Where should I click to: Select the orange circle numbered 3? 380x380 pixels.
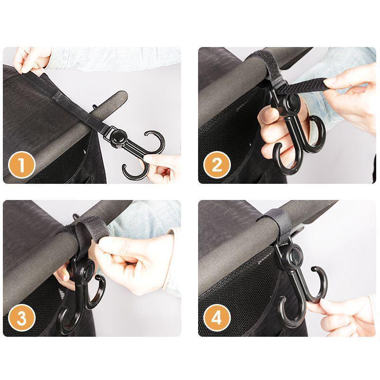tap(22, 318)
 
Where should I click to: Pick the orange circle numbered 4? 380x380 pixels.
tap(217, 318)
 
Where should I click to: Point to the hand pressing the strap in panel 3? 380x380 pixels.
tap(128, 259)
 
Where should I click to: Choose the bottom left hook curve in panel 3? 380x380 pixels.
tap(66, 323)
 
